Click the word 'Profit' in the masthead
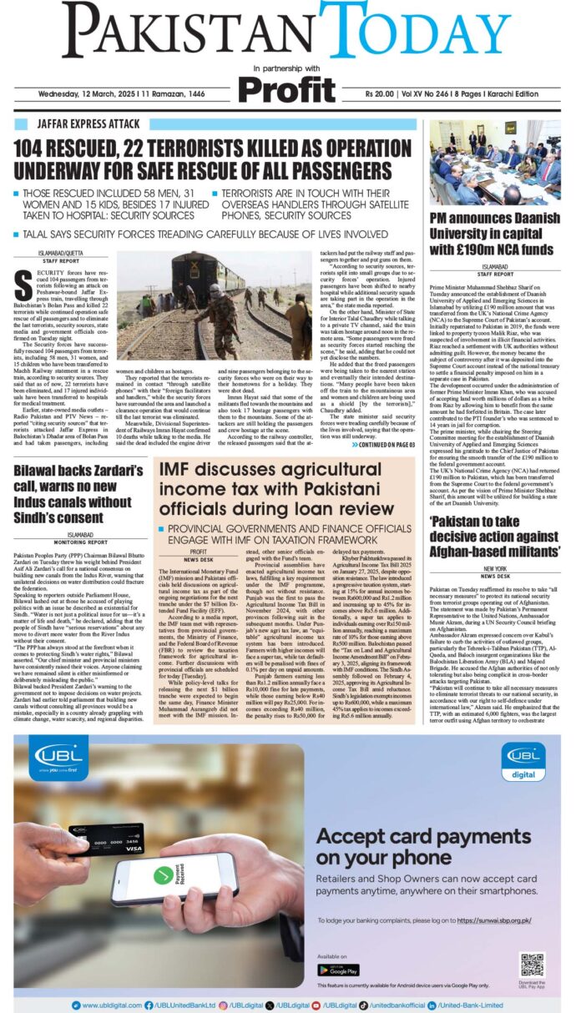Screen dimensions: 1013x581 (x=287, y=88)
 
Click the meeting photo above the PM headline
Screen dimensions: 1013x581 (x=495, y=162)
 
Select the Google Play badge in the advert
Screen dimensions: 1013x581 (x=338, y=970)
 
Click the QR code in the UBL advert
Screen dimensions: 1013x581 (x=532, y=965)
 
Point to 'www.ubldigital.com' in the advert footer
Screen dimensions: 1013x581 (x=108, y=1005)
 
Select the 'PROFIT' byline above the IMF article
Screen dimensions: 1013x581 (x=198, y=529)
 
